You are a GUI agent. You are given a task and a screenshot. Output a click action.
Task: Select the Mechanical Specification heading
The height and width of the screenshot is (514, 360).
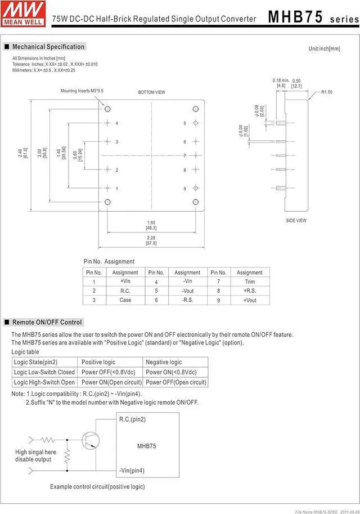(48, 47)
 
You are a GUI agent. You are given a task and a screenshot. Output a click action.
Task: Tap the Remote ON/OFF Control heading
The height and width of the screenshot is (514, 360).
(47, 322)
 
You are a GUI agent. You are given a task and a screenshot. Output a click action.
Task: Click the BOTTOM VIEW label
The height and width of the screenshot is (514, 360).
(151, 92)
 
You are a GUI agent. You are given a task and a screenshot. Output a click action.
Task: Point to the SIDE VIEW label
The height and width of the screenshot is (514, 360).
(296, 221)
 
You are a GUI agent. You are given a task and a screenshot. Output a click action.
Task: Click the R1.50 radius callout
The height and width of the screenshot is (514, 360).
(327, 92)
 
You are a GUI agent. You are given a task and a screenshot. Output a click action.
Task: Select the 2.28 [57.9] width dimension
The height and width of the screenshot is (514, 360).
(151, 240)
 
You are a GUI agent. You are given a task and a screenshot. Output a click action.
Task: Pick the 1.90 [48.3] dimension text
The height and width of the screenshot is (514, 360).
(151, 225)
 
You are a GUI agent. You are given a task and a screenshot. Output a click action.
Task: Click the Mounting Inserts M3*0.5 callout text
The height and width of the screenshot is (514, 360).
(82, 91)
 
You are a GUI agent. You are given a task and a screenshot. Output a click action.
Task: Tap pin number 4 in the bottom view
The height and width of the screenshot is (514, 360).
(117, 123)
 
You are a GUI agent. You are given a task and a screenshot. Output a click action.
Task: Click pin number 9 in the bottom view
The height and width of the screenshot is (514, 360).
(184, 189)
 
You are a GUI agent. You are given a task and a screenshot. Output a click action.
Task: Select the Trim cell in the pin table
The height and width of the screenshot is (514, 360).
(249, 281)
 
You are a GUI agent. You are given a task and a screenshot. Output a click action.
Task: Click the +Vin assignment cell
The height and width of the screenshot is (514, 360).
(125, 281)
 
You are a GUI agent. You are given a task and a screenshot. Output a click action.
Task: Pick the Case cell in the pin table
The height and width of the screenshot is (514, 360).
(125, 300)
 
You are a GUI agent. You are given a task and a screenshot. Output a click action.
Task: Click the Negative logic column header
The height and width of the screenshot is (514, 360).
(164, 362)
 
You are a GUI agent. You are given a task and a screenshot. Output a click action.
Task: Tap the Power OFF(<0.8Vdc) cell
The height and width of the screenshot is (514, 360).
(110, 372)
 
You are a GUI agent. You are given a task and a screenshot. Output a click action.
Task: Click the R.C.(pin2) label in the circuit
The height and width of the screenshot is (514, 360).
(132, 419)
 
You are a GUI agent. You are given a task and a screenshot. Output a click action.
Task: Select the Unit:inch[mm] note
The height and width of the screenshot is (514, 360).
(324, 49)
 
